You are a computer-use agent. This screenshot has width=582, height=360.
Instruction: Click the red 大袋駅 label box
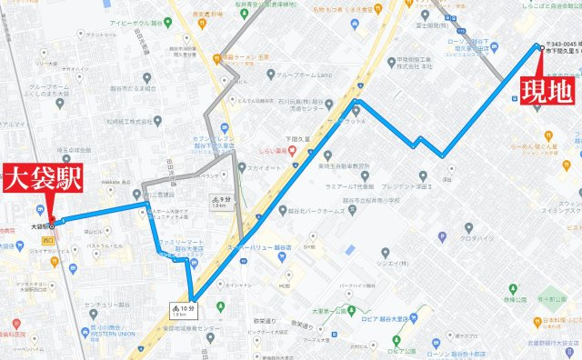[39, 178]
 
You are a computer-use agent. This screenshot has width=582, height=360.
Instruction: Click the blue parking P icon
[442, 238]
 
